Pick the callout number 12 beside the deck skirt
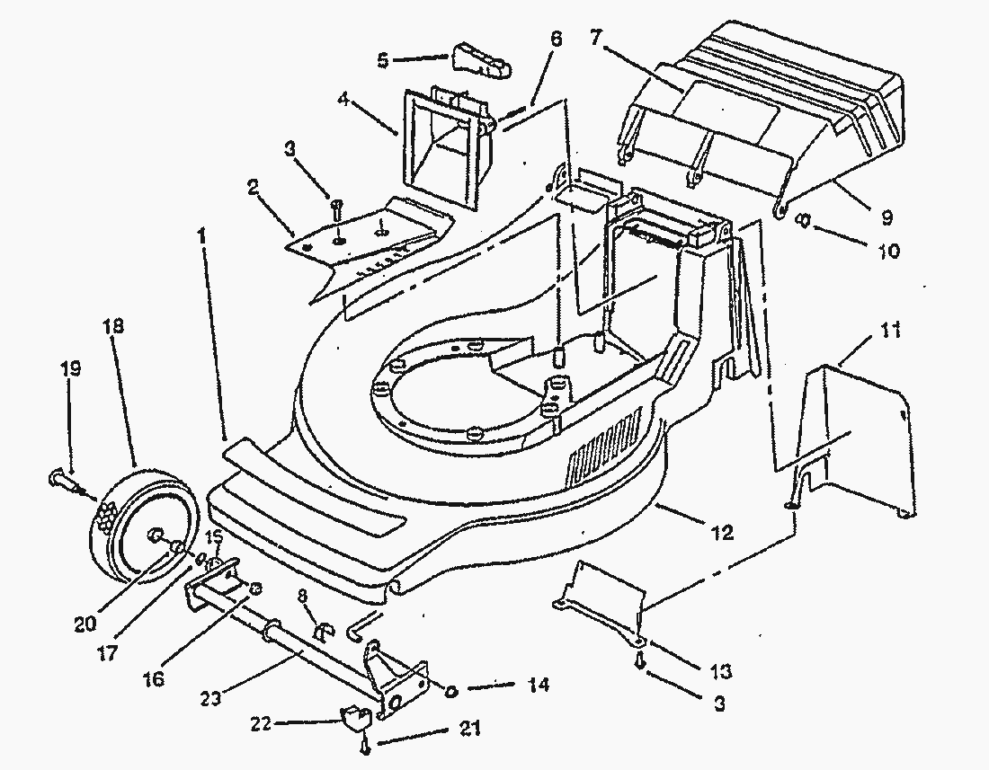coord(723,533)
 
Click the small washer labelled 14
coord(451,690)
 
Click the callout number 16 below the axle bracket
coord(153,678)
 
